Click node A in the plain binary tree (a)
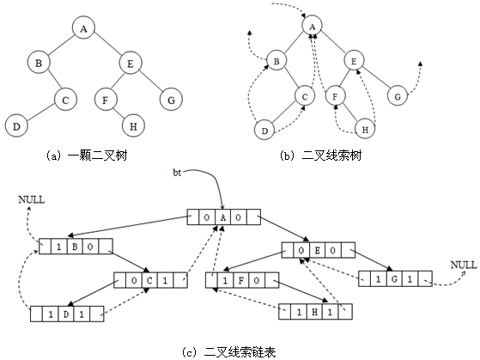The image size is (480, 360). [83, 27]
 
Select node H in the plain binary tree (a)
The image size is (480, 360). [133, 125]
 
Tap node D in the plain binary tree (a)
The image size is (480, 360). [16, 125]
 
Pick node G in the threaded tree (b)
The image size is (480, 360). [398, 96]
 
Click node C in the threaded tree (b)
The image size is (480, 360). [305, 96]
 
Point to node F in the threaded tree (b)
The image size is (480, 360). [335, 96]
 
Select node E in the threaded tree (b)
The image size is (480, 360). [354, 61]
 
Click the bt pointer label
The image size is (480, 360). [177, 173]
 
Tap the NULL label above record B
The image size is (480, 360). [32, 200]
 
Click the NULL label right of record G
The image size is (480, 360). [464, 265]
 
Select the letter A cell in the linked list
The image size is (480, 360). [223, 217]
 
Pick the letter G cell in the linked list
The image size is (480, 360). [394, 279]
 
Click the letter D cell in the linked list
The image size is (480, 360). [66, 314]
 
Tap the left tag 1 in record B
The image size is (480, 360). [58, 247]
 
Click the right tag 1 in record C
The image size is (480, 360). [165, 280]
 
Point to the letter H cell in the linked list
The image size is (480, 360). [314, 312]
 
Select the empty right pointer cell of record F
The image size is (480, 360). [272, 280]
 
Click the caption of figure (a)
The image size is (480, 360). [87, 156]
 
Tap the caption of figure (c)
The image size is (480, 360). [229, 351]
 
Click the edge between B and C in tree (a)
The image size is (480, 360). [54, 81]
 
